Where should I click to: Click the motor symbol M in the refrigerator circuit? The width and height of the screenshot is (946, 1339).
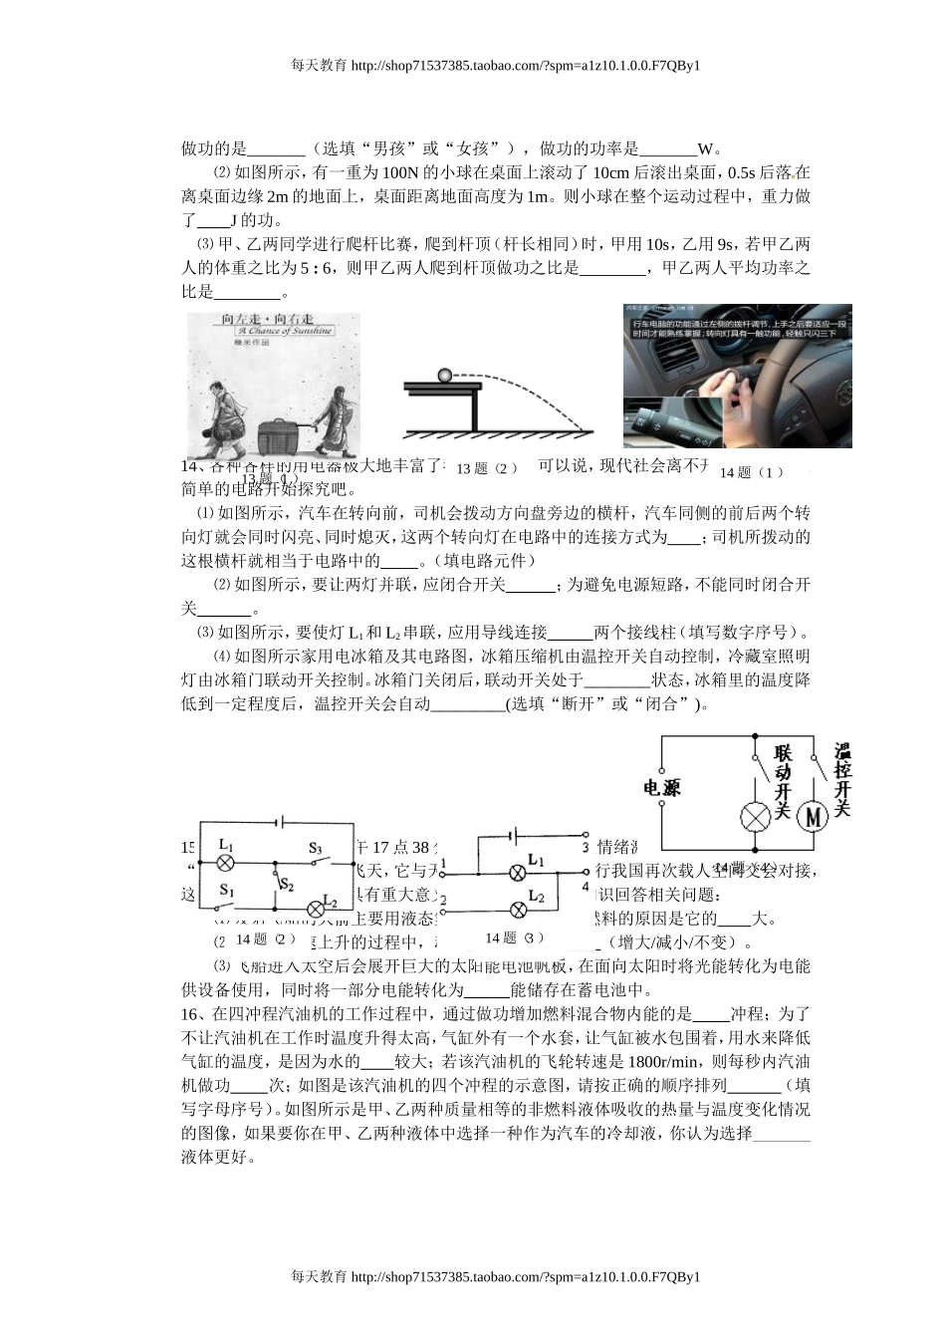(815, 816)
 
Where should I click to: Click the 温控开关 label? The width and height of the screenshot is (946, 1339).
(841, 779)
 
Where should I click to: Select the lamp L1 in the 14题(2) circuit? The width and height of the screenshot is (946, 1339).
(226, 862)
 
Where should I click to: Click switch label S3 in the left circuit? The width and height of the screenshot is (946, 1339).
(315, 848)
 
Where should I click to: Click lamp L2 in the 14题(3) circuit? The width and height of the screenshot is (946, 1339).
(518, 909)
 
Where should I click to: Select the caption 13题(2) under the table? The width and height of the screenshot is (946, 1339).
(487, 468)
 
